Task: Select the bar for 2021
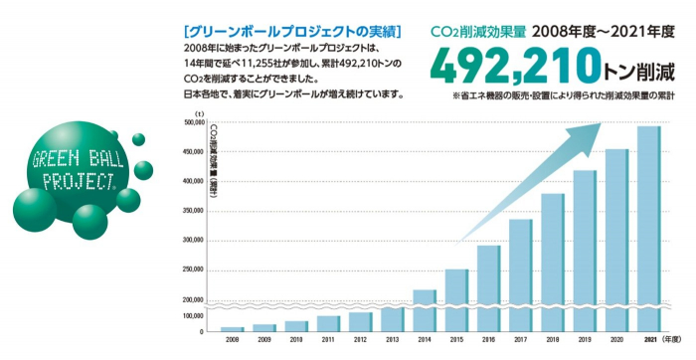[648, 229]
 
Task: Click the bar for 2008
[232, 328]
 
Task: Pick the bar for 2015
[456, 299]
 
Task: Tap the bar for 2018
[553, 262]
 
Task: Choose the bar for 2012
[360, 321]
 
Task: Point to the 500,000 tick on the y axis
[191, 123]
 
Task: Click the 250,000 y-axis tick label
[191, 270]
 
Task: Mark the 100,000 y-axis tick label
[191, 314]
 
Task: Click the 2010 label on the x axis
[296, 340]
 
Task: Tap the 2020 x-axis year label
[616, 340]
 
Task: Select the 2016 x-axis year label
[488, 340]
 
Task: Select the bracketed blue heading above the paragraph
[286, 31]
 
